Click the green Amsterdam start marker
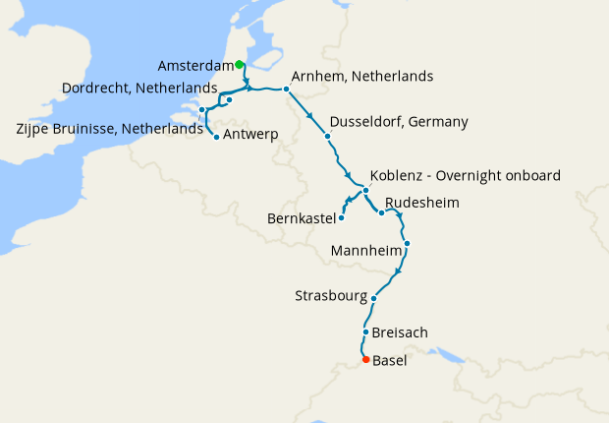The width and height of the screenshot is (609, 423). point(240,65)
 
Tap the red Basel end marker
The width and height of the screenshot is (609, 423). point(366,360)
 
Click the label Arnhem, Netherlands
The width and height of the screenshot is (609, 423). point(362,77)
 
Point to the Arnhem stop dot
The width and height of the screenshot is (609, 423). point(286,90)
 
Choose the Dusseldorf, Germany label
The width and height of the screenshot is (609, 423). point(399,123)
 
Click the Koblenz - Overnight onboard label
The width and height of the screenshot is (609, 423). point(466,176)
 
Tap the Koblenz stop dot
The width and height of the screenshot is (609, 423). point(365,190)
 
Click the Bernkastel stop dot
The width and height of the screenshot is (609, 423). point(342,217)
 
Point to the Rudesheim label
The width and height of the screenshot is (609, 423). point(422,203)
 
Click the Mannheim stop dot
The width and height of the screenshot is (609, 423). point(407,243)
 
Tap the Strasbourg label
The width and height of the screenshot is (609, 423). point(331,296)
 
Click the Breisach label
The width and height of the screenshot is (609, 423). point(401,332)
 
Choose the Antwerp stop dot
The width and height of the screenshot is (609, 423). point(216,138)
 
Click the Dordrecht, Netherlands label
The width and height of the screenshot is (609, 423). point(139,89)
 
